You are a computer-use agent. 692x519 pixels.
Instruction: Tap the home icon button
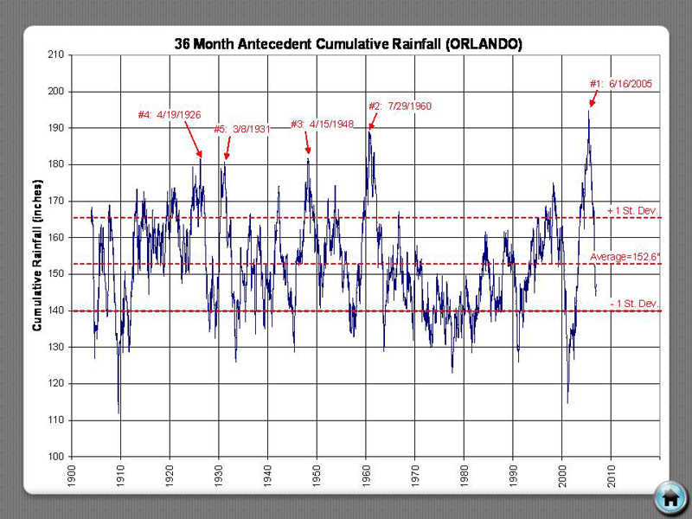pos(669,497)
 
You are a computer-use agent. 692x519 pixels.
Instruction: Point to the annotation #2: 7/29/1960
pos(399,106)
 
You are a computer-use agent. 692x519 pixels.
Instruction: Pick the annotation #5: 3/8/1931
pos(241,129)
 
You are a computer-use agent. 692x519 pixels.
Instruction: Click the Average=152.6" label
pos(625,257)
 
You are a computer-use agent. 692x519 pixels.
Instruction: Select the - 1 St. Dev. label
pos(633,303)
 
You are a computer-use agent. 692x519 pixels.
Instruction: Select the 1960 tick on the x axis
pos(366,475)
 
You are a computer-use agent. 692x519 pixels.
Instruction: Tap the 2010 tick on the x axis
pos(612,475)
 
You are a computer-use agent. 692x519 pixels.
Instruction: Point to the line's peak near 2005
pos(589,110)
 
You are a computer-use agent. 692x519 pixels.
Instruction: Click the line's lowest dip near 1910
pos(119,413)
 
